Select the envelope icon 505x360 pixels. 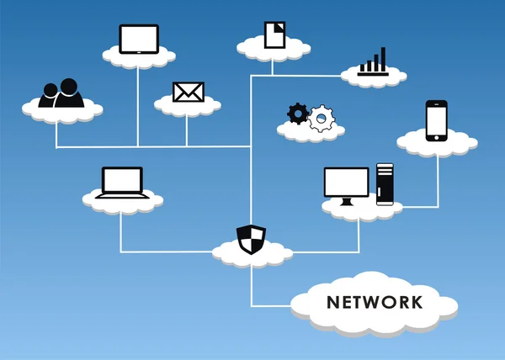click(188, 92)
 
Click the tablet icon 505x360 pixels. click(139, 39)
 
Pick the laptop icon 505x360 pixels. click(122, 183)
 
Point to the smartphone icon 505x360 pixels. click(436, 121)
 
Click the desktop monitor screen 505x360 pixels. click(346, 183)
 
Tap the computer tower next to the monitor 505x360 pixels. click(385, 183)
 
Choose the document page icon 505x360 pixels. click(274, 34)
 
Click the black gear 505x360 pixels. click(297, 113)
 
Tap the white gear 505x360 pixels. click(320, 119)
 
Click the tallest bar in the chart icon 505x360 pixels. click(384, 59)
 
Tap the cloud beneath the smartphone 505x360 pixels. click(437, 145)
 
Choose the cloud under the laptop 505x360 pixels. click(122, 203)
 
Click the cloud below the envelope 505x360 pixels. click(188, 107)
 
